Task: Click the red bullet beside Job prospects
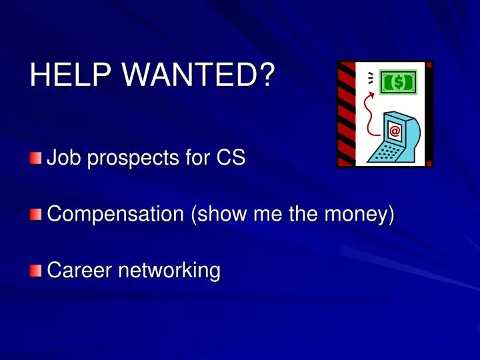35,159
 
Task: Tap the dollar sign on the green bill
398,82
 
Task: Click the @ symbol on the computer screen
395,131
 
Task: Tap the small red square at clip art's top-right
429,65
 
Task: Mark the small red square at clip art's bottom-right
429,162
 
